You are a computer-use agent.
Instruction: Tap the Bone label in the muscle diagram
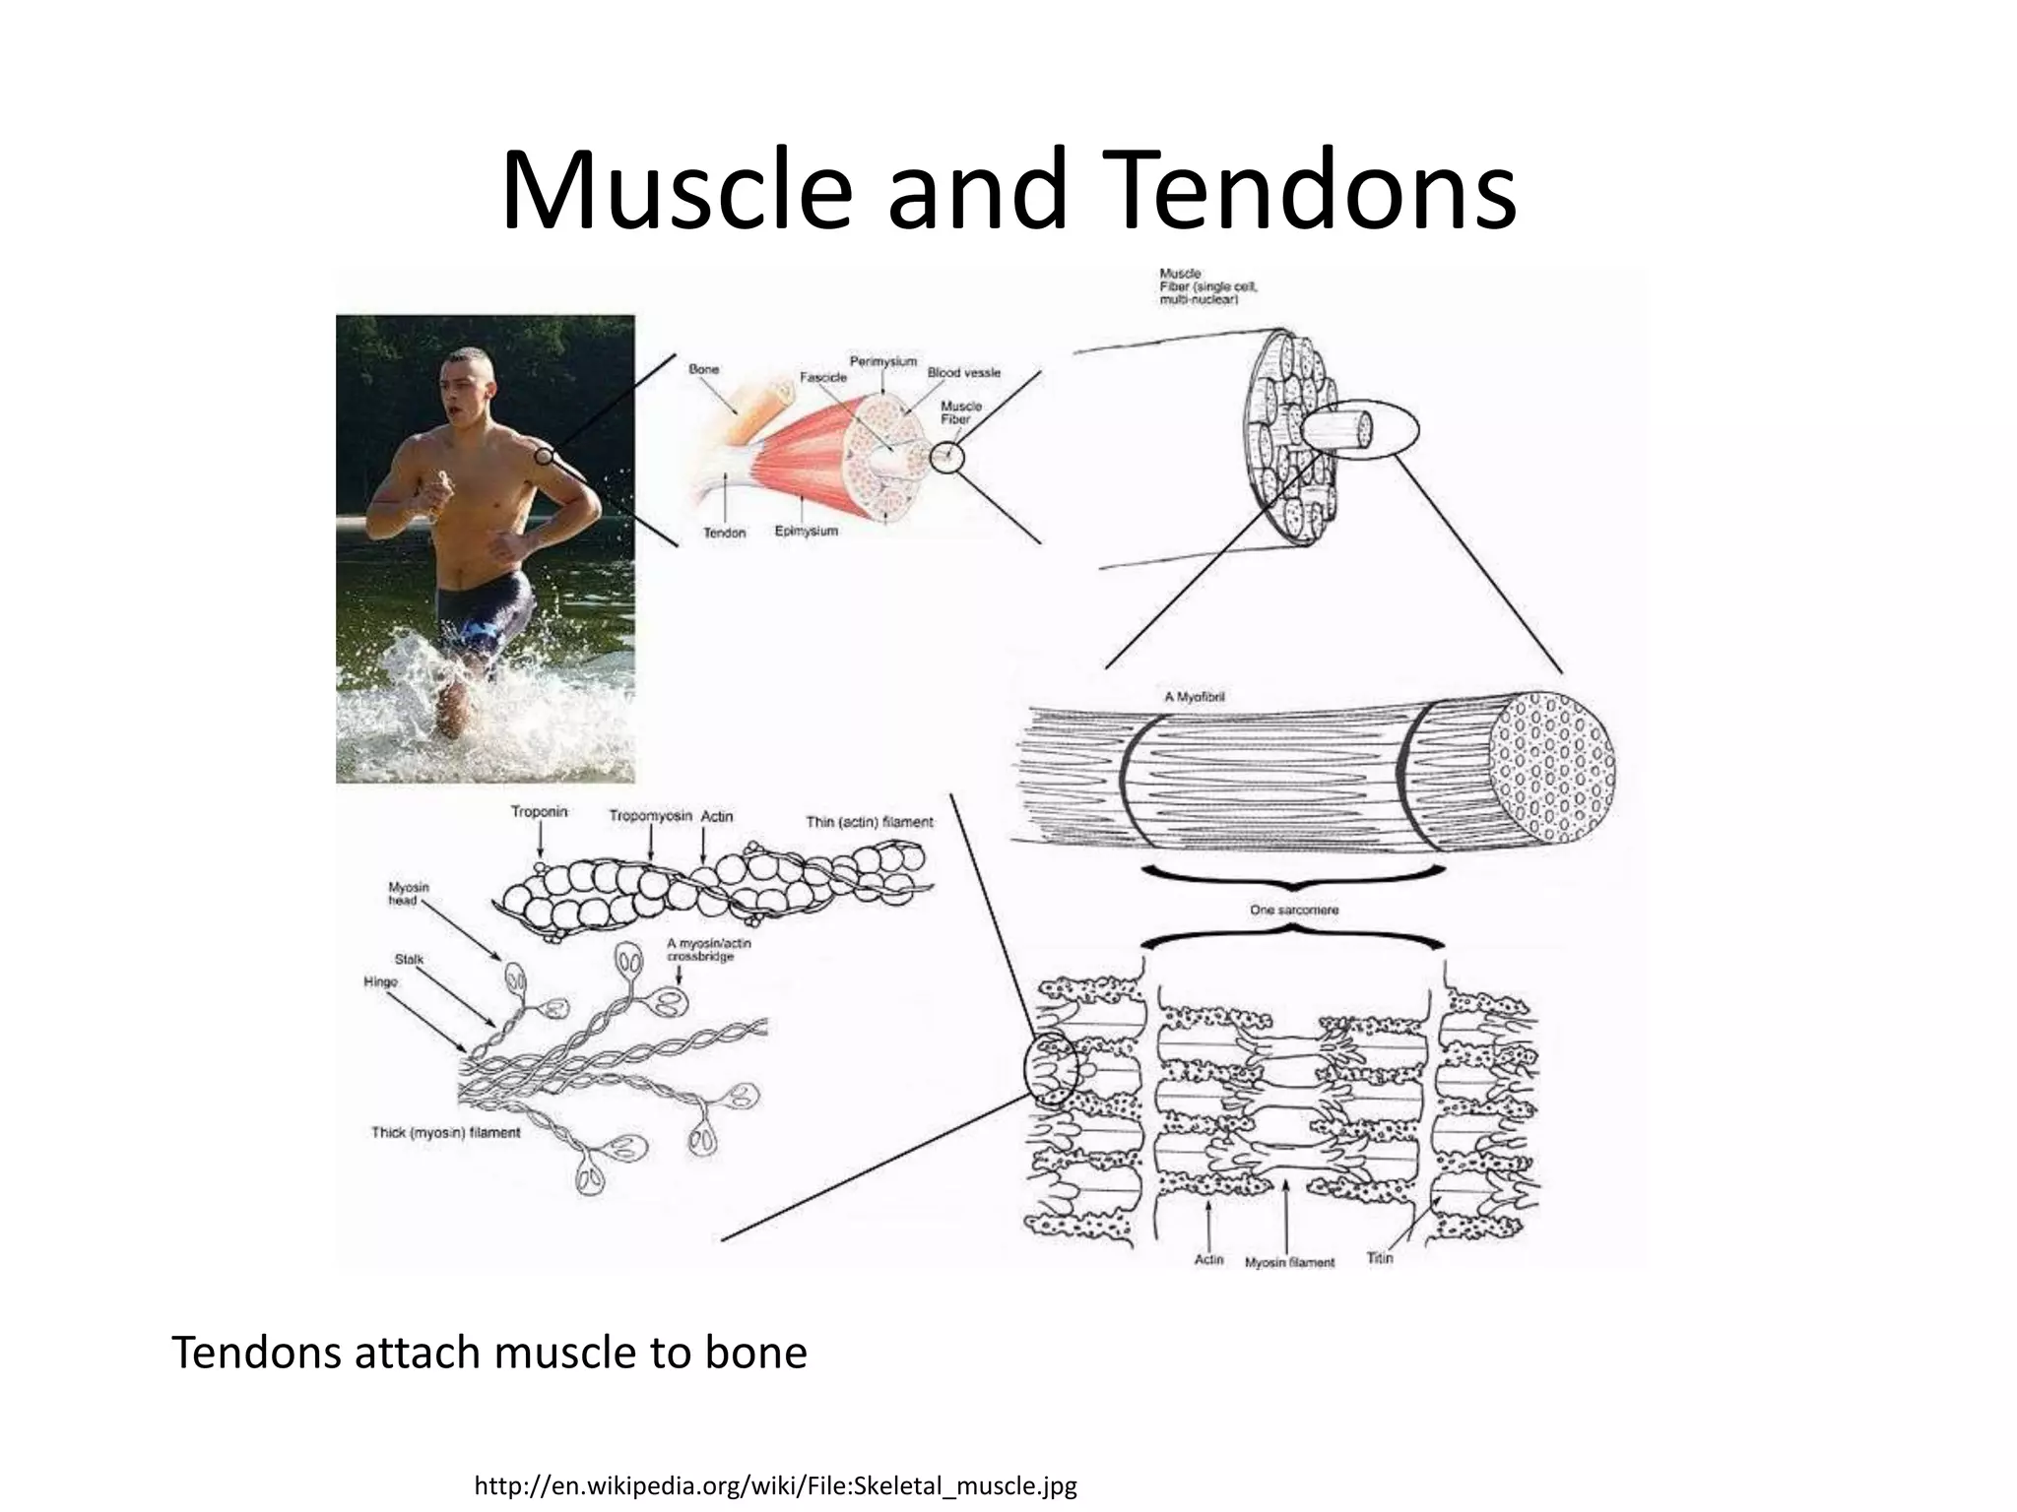tap(703, 369)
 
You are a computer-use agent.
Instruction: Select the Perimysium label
tap(882, 361)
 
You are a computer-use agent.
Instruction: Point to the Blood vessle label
tap(963, 373)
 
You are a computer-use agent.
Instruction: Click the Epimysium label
tap(806, 532)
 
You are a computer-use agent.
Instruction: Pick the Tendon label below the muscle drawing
tap(724, 533)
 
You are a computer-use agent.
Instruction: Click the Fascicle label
tap(822, 377)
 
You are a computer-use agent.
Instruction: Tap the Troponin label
tap(539, 812)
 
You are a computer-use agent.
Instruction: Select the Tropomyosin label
tap(650, 816)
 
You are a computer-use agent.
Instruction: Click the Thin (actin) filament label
tap(869, 821)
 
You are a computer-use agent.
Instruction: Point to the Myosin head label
tap(408, 894)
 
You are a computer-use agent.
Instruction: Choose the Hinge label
tap(380, 981)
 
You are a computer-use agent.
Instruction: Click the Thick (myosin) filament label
tap(445, 1133)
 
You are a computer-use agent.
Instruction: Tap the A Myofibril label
tap(1194, 697)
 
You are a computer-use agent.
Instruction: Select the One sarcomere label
tap(1294, 911)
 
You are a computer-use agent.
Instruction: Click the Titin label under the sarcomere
tap(1380, 1258)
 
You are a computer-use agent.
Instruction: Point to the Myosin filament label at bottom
tap(1289, 1262)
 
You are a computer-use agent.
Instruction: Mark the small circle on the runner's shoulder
tap(543, 456)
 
